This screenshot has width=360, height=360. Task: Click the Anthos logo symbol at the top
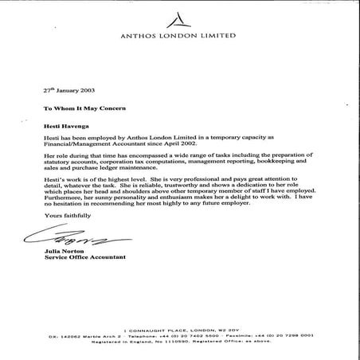click(x=180, y=17)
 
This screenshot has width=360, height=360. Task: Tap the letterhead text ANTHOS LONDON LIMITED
click(x=180, y=35)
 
